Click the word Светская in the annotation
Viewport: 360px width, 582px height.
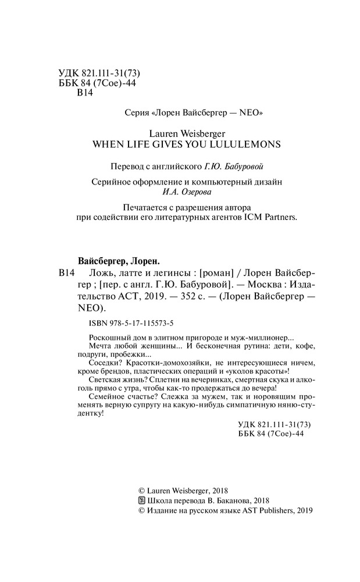(92, 378)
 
